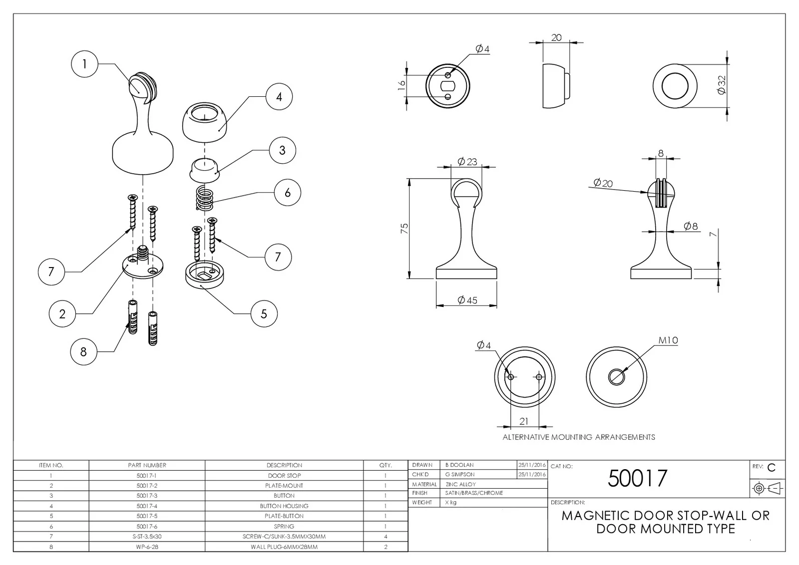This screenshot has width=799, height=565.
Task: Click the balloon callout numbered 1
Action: [x=84, y=64]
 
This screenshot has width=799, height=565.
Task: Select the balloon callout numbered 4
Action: [x=279, y=97]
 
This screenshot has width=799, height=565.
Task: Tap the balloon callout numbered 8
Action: [x=83, y=352]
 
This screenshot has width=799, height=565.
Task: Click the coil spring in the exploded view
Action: [x=204, y=198]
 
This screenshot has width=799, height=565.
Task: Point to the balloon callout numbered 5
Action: [x=264, y=314]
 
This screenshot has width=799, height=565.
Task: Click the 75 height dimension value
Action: [x=404, y=228]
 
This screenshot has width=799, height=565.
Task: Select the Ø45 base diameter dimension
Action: [x=467, y=300]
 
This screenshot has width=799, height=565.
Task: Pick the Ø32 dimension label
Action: [x=721, y=85]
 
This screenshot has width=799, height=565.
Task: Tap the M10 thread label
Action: [x=668, y=340]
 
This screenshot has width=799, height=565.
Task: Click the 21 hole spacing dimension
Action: [x=523, y=421]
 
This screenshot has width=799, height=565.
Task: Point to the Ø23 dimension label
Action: [x=467, y=161]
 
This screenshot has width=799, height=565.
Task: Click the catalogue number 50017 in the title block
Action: [x=637, y=478]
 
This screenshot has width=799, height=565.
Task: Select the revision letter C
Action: [x=771, y=468]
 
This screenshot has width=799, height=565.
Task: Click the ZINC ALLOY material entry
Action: [x=460, y=484]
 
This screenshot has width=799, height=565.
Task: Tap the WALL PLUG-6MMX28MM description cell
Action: [x=284, y=547]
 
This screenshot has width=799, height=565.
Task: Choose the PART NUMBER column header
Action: [x=147, y=465]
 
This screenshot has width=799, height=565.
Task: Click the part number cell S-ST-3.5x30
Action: [x=147, y=537]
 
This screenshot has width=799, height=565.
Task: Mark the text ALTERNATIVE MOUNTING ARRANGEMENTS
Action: [x=578, y=437]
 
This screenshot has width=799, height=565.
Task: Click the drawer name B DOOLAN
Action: [x=459, y=465]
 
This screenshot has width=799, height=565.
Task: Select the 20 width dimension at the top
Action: [x=556, y=37]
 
